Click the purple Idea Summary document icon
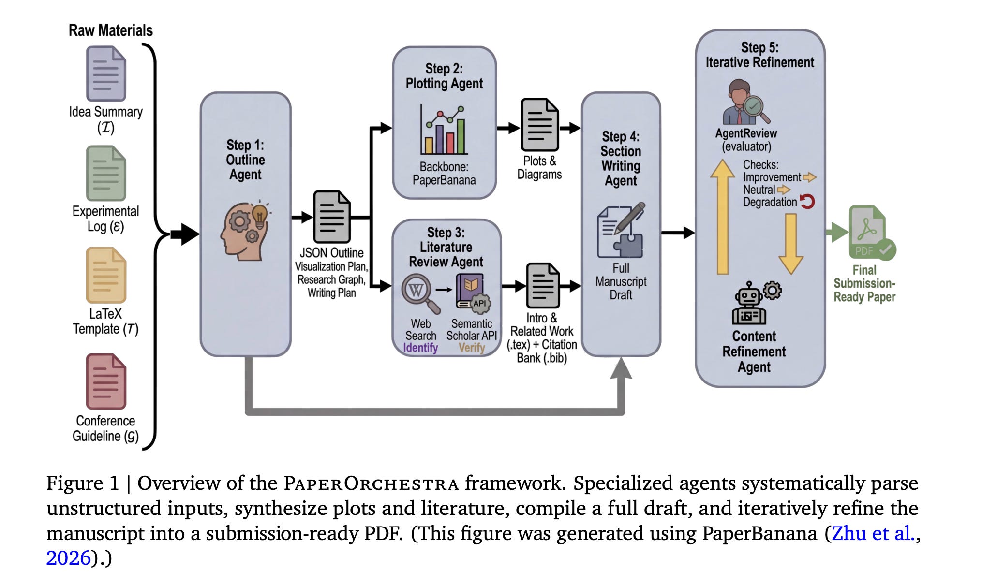(106, 73)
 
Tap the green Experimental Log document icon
(106, 173)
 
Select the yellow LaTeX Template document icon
(106, 275)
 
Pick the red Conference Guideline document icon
(106, 381)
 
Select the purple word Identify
(420, 348)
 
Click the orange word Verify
(472, 348)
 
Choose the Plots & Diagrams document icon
(539, 125)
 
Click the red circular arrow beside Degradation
(807, 201)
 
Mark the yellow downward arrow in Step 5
(790, 243)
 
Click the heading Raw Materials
(110, 30)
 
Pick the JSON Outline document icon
(331, 217)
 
